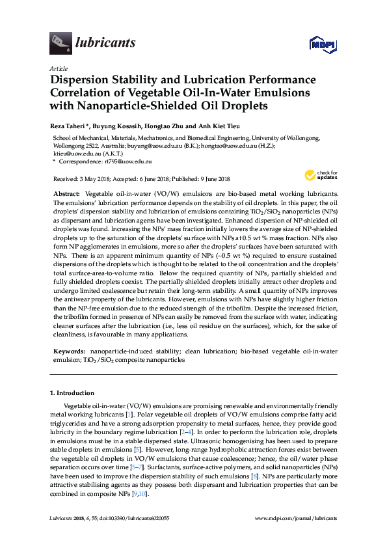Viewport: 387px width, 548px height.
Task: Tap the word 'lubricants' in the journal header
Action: tap(105, 43)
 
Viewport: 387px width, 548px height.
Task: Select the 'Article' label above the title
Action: tap(58, 68)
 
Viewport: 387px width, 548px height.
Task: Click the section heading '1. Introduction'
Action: tap(72, 393)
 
